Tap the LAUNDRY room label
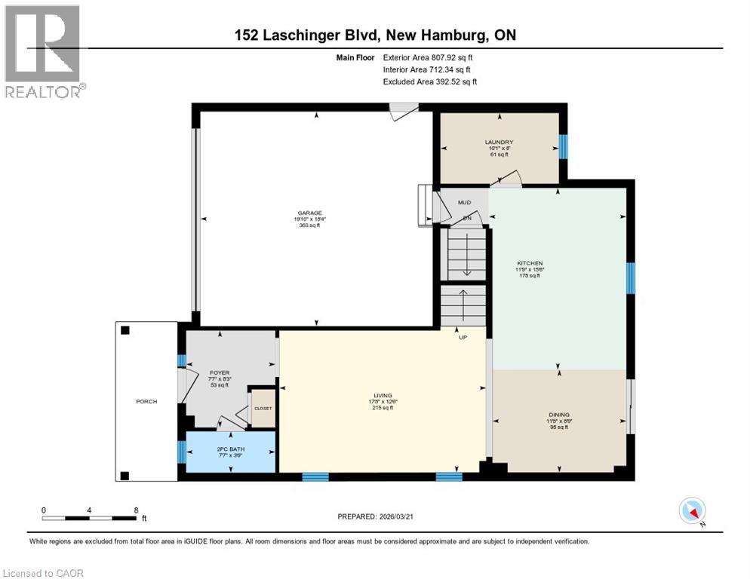(x=499, y=142)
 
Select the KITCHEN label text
(x=530, y=263)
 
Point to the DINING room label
(x=559, y=414)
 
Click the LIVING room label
(x=384, y=394)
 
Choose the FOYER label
(x=219, y=372)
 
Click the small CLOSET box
(x=263, y=408)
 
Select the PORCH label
(x=146, y=401)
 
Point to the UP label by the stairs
(x=463, y=337)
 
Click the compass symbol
(x=692, y=511)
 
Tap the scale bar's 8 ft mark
(x=136, y=510)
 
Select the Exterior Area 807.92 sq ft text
(x=429, y=57)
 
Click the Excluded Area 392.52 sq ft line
(x=429, y=81)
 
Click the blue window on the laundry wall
(x=562, y=146)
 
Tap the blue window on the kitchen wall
(x=630, y=277)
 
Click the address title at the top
(x=374, y=35)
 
